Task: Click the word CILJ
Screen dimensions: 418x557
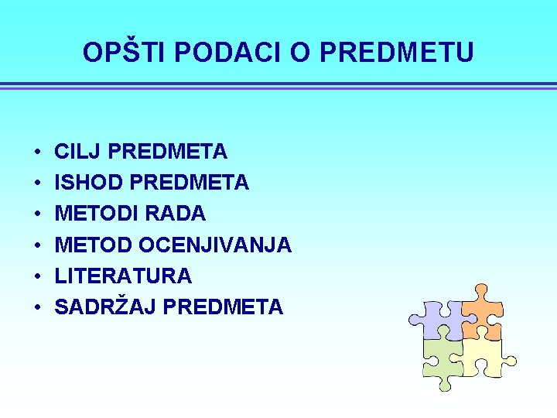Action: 80,151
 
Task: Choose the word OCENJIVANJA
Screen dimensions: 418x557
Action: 215,245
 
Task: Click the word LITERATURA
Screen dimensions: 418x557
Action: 123,276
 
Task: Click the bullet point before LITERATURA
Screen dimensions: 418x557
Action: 36,276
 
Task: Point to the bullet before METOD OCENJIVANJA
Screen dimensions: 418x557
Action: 36,245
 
